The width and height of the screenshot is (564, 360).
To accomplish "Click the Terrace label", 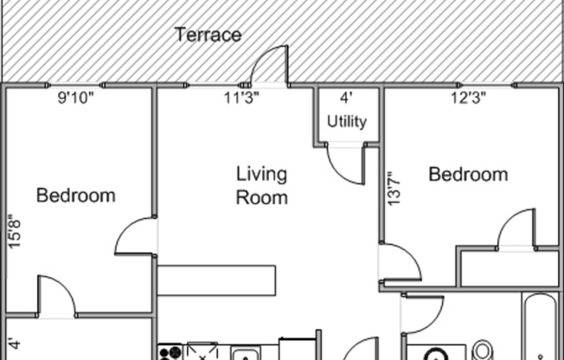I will (x=208, y=35).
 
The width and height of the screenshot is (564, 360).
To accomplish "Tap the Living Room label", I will (x=261, y=185).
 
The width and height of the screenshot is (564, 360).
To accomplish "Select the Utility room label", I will (x=346, y=122).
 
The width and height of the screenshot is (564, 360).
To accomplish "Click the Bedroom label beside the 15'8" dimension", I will (x=75, y=196).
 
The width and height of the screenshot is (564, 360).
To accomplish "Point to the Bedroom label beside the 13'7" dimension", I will (x=468, y=175).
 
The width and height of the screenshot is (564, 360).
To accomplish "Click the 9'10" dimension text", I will (x=75, y=99).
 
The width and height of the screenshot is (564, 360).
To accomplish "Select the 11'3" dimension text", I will (x=241, y=99).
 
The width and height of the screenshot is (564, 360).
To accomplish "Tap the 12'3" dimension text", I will (x=468, y=99).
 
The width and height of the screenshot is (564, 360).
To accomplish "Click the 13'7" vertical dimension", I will (x=395, y=187).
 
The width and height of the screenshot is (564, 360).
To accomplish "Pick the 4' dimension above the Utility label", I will (x=346, y=99).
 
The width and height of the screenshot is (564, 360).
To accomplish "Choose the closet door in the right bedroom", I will (x=517, y=230).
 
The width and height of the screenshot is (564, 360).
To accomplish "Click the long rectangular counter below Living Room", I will (x=216, y=281).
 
